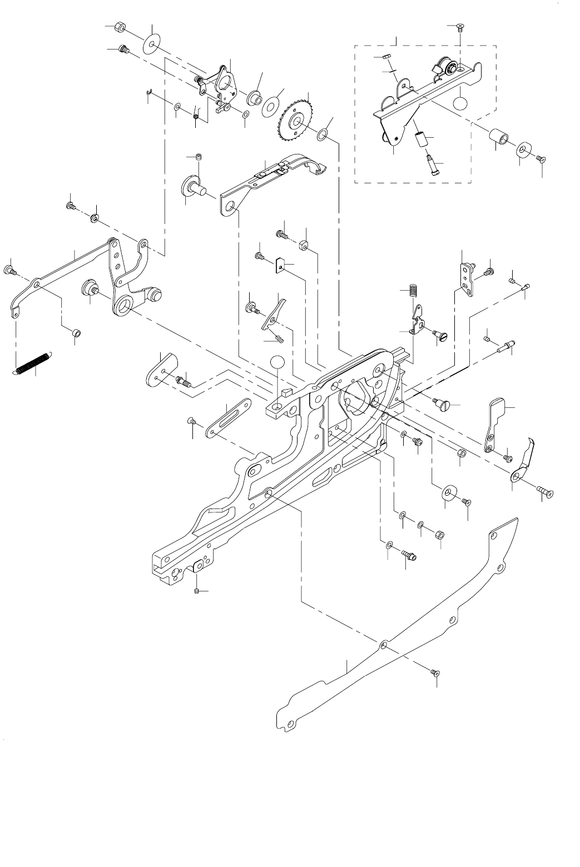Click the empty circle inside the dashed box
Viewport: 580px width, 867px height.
point(460,103)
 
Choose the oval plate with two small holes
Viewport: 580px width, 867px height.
point(160,371)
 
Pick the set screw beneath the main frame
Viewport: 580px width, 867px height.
point(197,591)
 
